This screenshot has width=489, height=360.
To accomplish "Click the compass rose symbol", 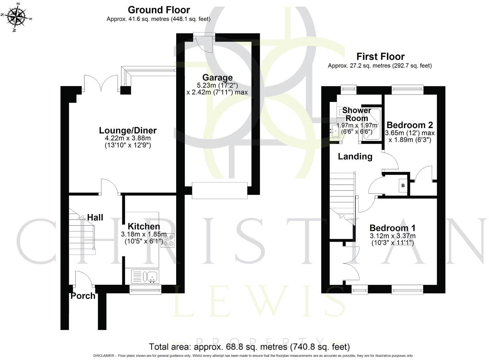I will pyautogui.click(x=17, y=16).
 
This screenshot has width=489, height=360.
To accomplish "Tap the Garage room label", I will pyautogui.click(x=217, y=78).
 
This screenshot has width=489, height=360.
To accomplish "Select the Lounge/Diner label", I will pyautogui.click(x=128, y=130).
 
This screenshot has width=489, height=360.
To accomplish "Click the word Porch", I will pyautogui.click(x=83, y=296).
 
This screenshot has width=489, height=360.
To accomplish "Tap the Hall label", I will pyautogui.click(x=95, y=217).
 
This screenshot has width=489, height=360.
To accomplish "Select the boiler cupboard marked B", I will pyautogui.click(x=403, y=186).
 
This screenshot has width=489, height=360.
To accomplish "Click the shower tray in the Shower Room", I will pyautogui.click(x=370, y=125).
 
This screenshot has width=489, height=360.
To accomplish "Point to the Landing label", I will pyautogui.click(x=355, y=156).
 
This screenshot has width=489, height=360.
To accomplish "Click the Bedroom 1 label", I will pyautogui.click(x=393, y=228).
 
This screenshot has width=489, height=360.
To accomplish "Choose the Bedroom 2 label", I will pyautogui.click(x=410, y=125).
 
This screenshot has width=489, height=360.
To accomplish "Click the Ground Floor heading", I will pyautogui.click(x=159, y=10).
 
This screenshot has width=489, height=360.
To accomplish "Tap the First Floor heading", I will pyautogui.click(x=380, y=56).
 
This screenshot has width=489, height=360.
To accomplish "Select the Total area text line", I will pyautogui.click(x=249, y=347).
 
